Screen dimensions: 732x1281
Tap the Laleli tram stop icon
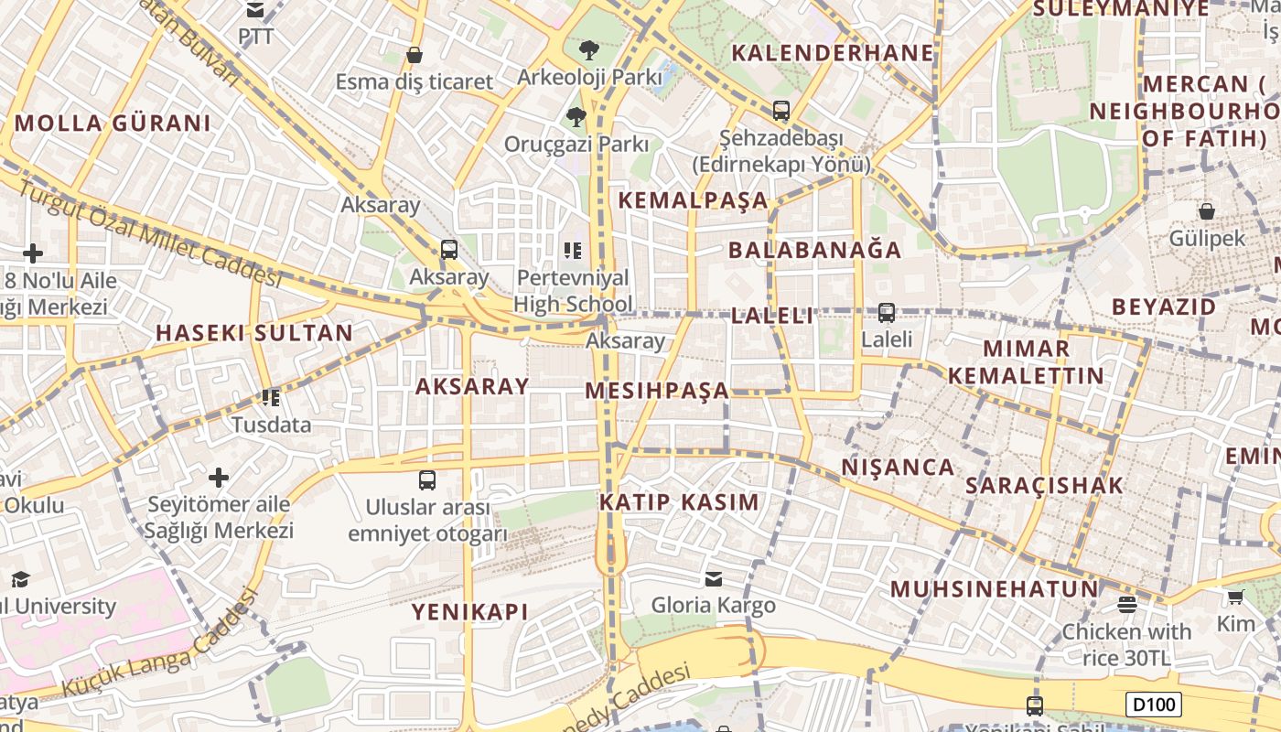[886, 313]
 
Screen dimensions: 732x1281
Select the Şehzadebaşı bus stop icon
[780, 111]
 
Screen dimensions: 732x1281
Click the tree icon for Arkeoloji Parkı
[588, 49]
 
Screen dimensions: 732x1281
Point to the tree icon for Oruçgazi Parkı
[576, 116]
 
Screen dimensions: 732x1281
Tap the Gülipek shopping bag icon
[1207, 211]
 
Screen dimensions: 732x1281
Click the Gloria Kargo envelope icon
[713, 578]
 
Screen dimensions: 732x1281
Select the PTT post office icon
[255, 10]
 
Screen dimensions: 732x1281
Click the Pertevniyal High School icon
[573, 250]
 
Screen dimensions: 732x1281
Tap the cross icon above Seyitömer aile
[219, 478]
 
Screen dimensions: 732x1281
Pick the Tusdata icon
[271, 398]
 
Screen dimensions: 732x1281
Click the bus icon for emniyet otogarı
[427, 480]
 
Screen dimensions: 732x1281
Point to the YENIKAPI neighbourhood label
[469, 611]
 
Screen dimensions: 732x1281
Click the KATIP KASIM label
[679, 501]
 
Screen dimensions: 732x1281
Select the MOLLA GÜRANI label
[113, 123]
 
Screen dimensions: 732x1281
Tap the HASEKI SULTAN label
[254, 332]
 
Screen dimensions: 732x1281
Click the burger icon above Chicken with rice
[1126, 604]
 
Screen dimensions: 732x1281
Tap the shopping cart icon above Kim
[1235, 597]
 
